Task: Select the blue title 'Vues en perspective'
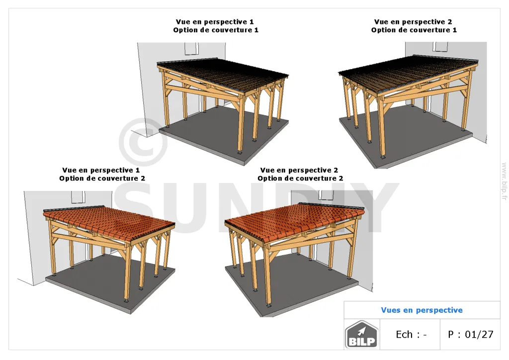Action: click(x=422, y=310)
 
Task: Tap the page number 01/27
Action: click(x=479, y=334)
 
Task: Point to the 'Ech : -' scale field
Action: click(x=411, y=334)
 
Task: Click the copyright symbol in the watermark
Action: click(x=143, y=142)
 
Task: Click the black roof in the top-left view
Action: click(x=224, y=74)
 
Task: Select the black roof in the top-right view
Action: click(x=409, y=73)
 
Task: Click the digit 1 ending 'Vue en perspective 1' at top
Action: click(x=252, y=22)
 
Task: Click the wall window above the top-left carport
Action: click(x=191, y=48)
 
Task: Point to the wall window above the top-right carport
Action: click(x=440, y=46)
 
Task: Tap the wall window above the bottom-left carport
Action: click(x=78, y=197)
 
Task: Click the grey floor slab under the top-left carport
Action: click(x=224, y=136)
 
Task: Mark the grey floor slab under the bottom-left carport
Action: click(x=110, y=283)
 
